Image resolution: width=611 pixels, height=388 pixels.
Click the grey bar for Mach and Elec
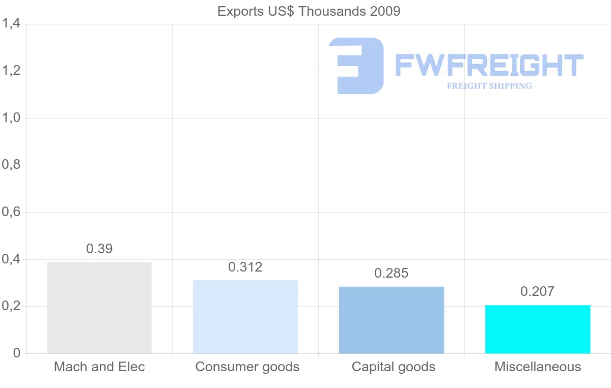[x=99, y=308]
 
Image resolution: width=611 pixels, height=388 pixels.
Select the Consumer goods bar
[x=245, y=317]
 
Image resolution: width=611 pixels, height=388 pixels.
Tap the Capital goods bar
[x=392, y=320]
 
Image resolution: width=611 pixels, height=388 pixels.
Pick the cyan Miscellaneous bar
[x=538, y=329]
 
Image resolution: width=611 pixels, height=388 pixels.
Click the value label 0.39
[x=99, y=249]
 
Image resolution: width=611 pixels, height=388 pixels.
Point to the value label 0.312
[x=245, y=267]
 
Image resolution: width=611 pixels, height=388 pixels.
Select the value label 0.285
[x=392, y=273]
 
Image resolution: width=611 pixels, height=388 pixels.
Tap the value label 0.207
[x=538, y=291]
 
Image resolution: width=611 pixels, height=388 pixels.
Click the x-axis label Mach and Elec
[x=99, y=367]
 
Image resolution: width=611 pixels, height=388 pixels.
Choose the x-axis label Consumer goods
[x=247, y=367]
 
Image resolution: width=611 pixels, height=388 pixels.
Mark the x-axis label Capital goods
[x=394, y=367]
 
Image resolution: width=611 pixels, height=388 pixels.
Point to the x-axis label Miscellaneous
[x=538, y=367]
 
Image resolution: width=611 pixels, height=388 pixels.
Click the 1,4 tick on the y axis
[x=11, y=23]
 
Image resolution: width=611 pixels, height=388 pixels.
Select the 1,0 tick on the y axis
[x=11, y=118]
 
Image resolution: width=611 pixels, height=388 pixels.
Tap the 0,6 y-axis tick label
[x=11, y=212]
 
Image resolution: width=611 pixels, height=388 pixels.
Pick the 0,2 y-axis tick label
[x=11, y=307]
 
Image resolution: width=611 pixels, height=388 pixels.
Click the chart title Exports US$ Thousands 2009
[x=309, y=11]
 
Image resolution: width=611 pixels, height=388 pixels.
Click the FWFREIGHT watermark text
[x=489, y=66]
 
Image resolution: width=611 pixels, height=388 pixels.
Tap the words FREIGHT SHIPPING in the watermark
[x=489, y=86]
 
